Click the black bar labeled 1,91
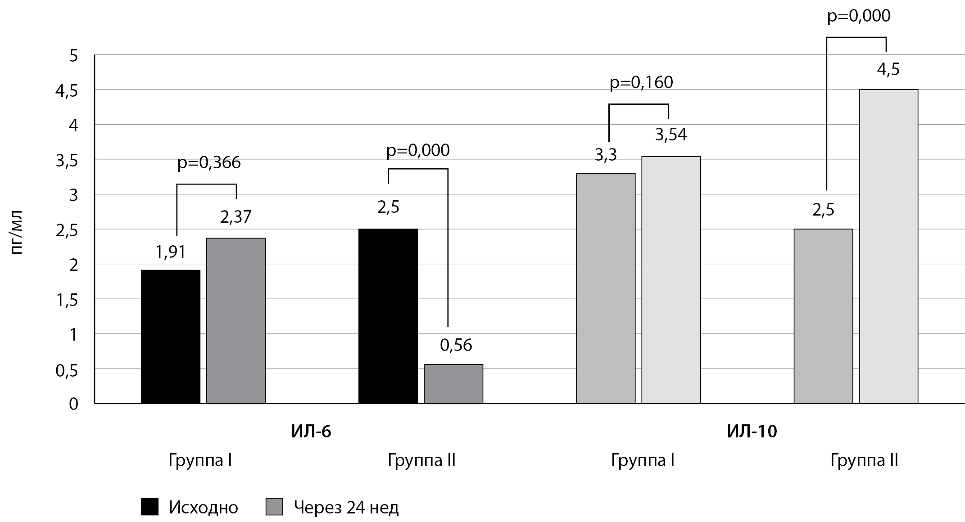(170, 337)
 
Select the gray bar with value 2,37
(236, 320)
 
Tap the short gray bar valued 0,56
(453, 384)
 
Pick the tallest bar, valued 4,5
(888, 246)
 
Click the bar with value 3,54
(671, 279)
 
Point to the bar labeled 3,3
(606, 288)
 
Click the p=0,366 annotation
(209, 162)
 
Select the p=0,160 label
(641, 82)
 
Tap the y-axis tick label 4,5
(67, 91)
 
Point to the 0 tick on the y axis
(73, 404)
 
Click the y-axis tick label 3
(73, 195)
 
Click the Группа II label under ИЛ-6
(421, 460)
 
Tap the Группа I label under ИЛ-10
(643, 460)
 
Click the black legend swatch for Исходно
(150, 507)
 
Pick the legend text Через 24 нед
(346, 508)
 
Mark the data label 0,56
(456, 345)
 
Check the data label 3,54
(671, 135)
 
